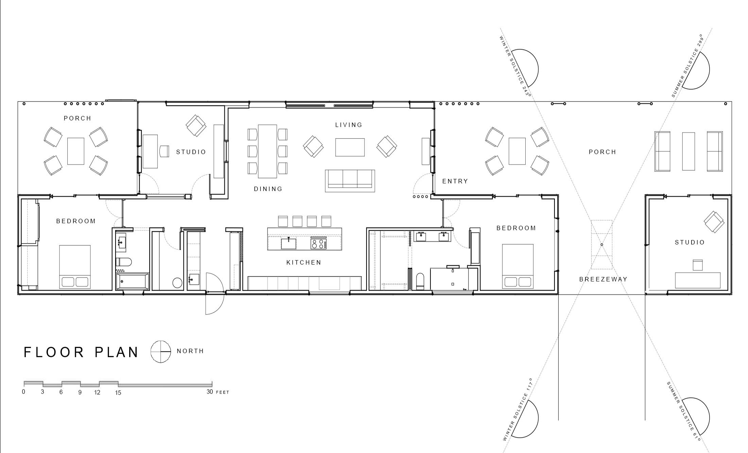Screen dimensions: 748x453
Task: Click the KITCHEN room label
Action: (x=304, y=262)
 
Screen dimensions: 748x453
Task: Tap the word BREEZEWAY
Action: (x=603, y=279)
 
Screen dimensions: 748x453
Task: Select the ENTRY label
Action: (x=455, y=181)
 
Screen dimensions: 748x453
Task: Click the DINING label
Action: (x=268, y=189)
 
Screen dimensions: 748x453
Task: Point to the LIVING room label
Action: (x=349, y=125)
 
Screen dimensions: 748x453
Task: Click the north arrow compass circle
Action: (x=160, y=351)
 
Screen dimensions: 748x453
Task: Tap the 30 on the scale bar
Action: (x=210, y=392)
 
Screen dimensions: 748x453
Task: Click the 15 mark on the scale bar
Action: (x=118, y=393)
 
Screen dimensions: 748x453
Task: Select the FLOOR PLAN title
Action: (x=81, y=352)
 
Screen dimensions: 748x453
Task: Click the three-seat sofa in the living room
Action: (x=350, y=181)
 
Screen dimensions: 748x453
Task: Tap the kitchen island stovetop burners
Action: (x=319, y=244)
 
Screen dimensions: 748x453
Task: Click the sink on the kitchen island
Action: (x=288, y=243)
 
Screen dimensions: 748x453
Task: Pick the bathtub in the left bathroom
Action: (x=132, y=281)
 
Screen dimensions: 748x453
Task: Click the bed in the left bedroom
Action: (x=75, y=267)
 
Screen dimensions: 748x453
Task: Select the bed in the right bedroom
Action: (x=518, y=266)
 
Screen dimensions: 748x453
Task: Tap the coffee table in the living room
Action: (x=350, y=147)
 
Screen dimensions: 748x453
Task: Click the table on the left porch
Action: (x=75, y=151)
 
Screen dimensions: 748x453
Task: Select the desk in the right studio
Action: (x=698, y=280)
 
